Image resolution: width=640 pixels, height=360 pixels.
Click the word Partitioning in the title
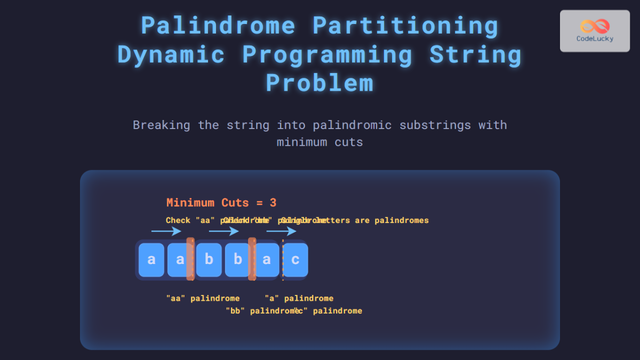click(405, 26)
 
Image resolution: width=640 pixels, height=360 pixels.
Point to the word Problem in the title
click(319, 83)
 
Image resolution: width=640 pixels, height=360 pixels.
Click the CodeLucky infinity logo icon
click(594, 26)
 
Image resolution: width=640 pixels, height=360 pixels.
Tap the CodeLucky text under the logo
click(595, 38)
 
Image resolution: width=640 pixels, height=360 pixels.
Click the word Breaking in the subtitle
click(162, 125)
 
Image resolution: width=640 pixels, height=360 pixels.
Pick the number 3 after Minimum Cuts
click(273, 203)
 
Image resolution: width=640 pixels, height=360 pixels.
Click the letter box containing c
click(295, 260)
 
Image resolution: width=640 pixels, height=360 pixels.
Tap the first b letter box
click(209, 260)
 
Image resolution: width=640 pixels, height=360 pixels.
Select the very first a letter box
click(151, 260)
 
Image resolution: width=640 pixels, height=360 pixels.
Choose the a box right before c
click(267, 260)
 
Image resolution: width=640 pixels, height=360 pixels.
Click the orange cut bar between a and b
click(190, 259)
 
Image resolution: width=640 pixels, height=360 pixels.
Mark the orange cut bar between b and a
click(252, 259)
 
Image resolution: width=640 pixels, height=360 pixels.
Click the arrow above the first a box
click(166, 231)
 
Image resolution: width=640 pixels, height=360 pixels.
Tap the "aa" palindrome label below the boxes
click(203, 298)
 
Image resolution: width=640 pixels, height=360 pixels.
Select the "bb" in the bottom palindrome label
click(235, 311)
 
